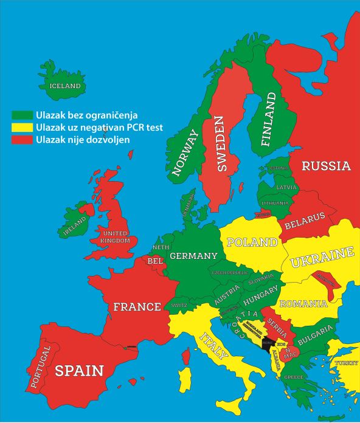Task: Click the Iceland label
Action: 65,86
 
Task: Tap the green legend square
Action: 24,114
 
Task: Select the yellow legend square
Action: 24,128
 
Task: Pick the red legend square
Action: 24,140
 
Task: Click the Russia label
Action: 326,165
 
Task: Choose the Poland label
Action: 252,242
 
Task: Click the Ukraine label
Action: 322,258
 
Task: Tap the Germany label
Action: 193,256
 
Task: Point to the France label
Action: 137,307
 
